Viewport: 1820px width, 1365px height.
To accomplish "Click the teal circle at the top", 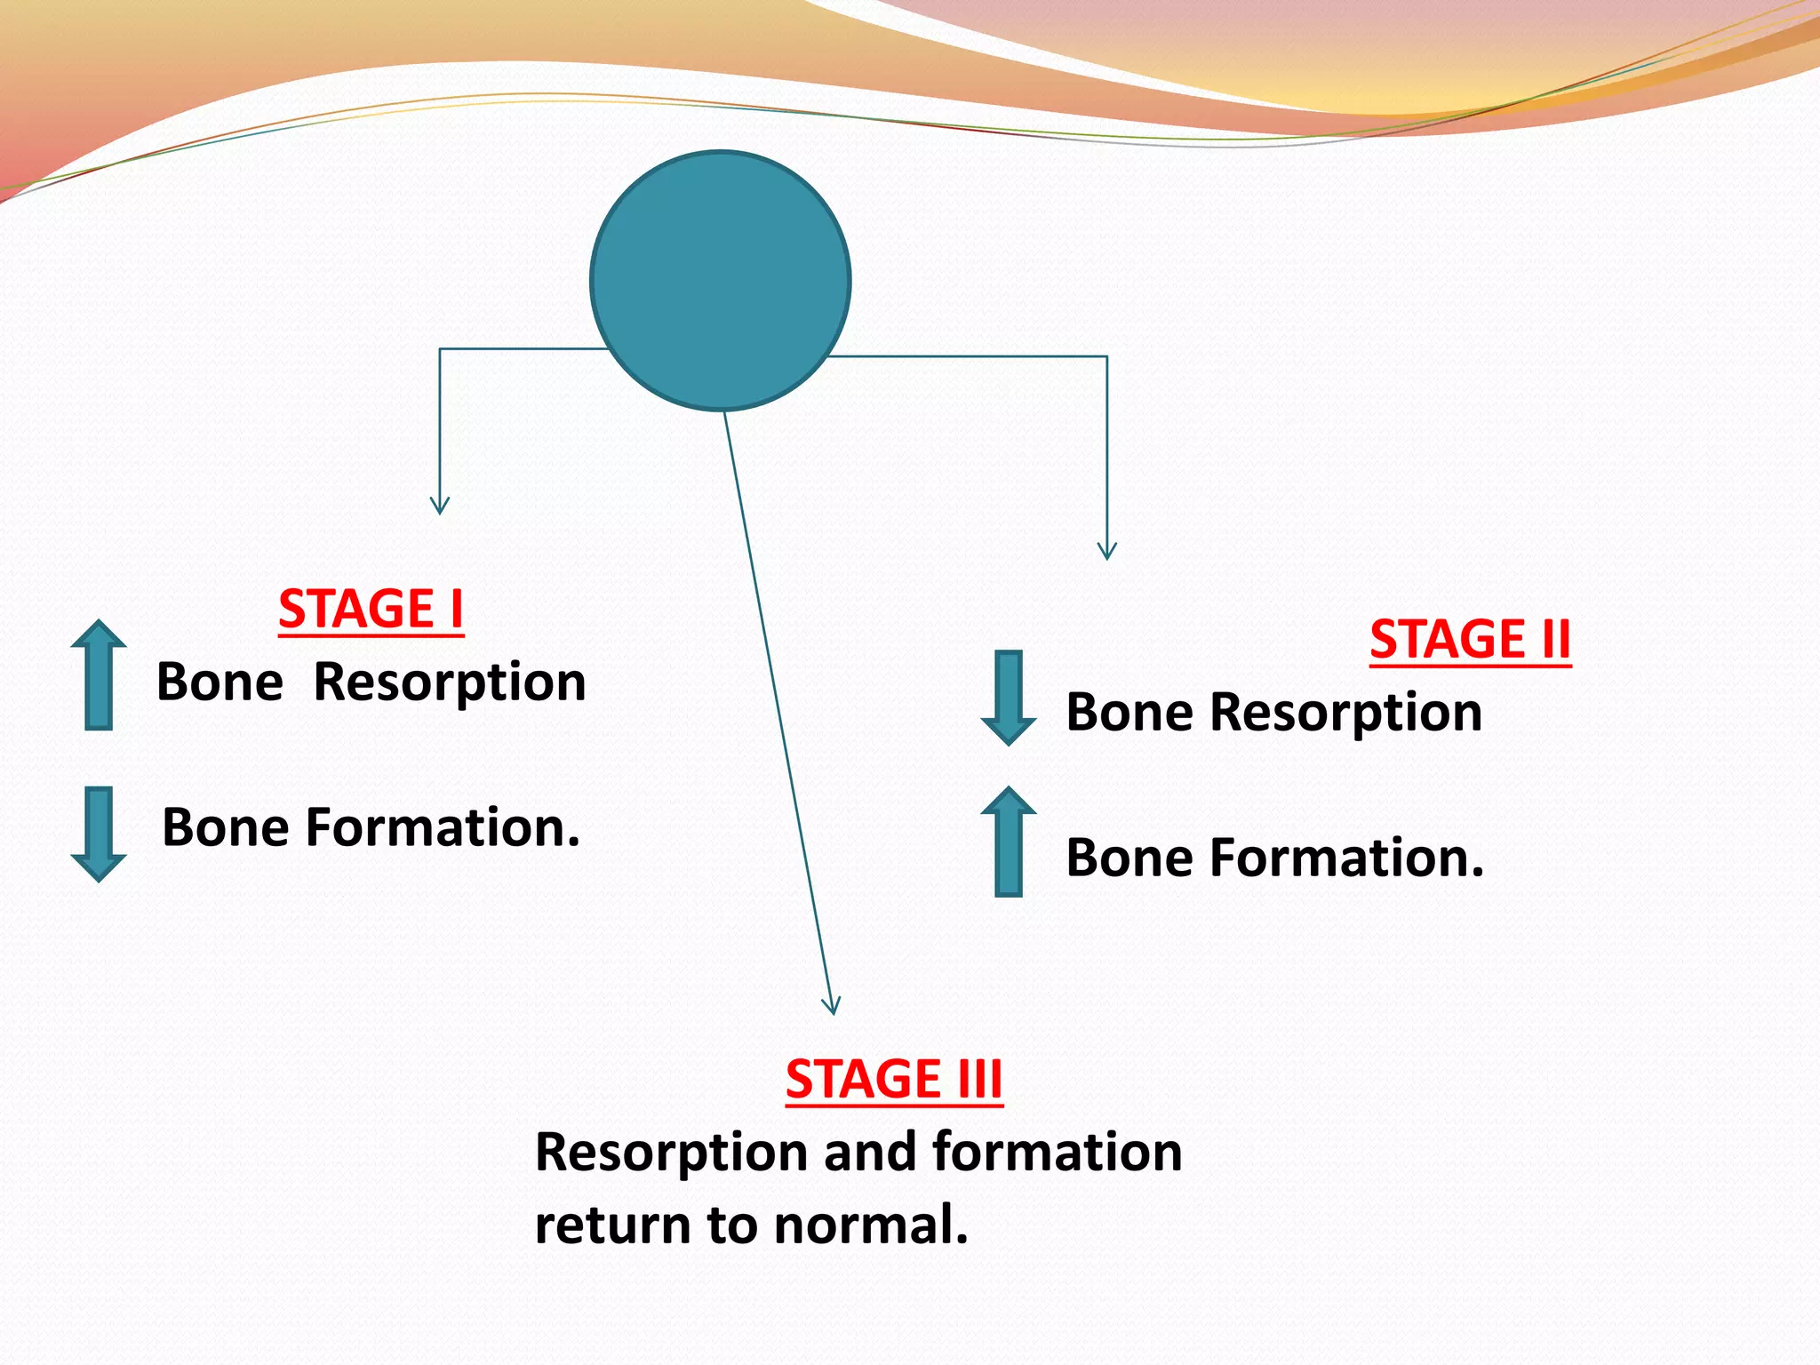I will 720,281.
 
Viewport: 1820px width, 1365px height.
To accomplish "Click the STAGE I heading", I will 371,610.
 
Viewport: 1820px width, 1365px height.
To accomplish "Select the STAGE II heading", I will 1470,640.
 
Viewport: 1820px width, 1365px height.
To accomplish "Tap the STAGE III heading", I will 894,1079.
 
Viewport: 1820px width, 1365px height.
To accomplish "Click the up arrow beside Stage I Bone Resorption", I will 99,675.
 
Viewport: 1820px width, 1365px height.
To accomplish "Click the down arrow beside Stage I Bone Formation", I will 99,833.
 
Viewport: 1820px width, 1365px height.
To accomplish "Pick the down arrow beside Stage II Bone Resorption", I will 1008,698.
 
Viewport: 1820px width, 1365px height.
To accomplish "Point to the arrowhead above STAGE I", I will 440,507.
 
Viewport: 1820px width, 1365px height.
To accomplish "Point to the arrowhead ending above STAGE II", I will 1106,552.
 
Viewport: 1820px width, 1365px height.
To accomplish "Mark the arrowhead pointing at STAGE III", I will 831,1006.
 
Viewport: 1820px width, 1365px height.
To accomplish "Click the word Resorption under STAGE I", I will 450,683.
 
